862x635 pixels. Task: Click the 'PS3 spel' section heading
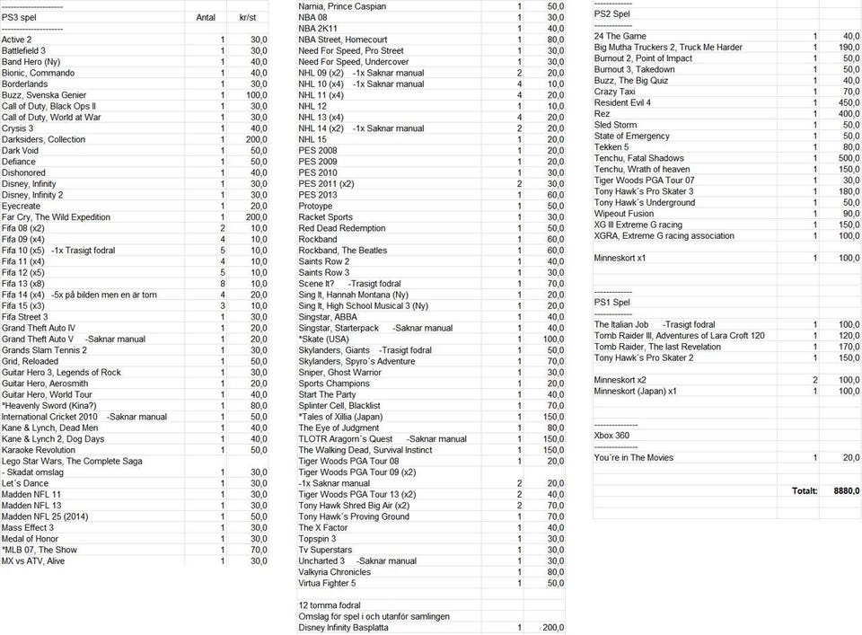(x=19, y=17)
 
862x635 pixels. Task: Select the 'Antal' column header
(x=206, y=17)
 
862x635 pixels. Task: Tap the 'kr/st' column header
(x=249, y=17)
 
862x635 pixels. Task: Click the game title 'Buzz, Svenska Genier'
(x=44, y=95)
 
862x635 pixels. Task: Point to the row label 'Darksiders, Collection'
(x=43, y=139)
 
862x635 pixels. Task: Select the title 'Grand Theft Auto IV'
(x=39, y=328)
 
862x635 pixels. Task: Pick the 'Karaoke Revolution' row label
(x=39, y=450)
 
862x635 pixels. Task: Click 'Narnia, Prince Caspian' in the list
(x=342, y=6)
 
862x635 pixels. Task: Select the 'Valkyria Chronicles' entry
(x=334, y=572)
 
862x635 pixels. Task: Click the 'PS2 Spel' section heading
(x=612, y=14)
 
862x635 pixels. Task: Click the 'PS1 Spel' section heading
(x=612, y=303)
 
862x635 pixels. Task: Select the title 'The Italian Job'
(x=621, y=324)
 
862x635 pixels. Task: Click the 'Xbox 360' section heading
(x=613, y=435)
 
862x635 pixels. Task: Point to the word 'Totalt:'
(x=804, y=491)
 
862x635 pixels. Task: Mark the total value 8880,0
(x=847, y=491)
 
